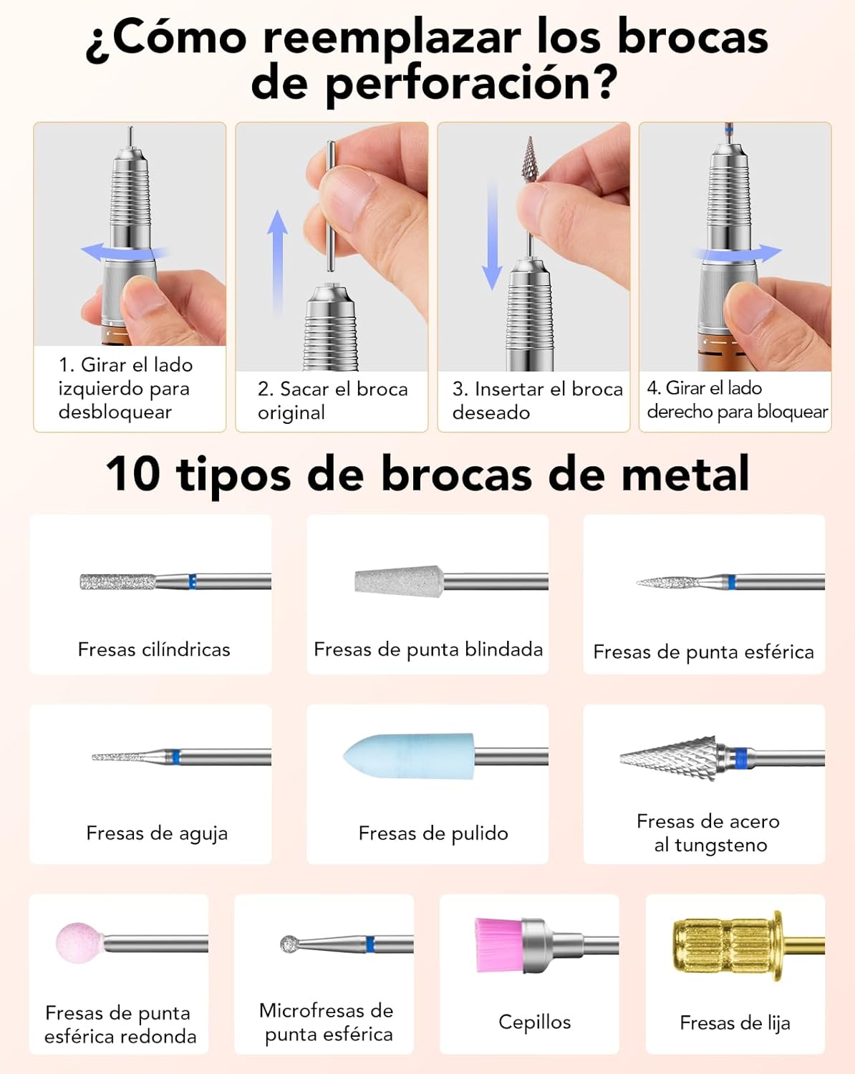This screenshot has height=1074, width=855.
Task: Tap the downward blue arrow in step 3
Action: [492, 235]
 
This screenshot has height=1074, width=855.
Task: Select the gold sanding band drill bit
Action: [749, 945]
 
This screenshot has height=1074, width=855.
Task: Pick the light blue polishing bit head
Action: [408, 756]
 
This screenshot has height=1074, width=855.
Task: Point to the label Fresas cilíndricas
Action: [154, 649]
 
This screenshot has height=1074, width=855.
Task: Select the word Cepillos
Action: [535, 1022]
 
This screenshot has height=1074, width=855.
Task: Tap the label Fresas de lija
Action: [735, 1023]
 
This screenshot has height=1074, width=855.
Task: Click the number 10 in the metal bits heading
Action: [133, 474]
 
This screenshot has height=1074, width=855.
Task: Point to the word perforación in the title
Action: [466, 83]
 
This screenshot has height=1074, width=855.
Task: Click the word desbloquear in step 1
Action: [115, 412]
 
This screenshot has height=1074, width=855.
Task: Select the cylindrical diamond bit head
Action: [117, 582]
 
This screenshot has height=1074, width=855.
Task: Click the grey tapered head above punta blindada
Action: [400, 582]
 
